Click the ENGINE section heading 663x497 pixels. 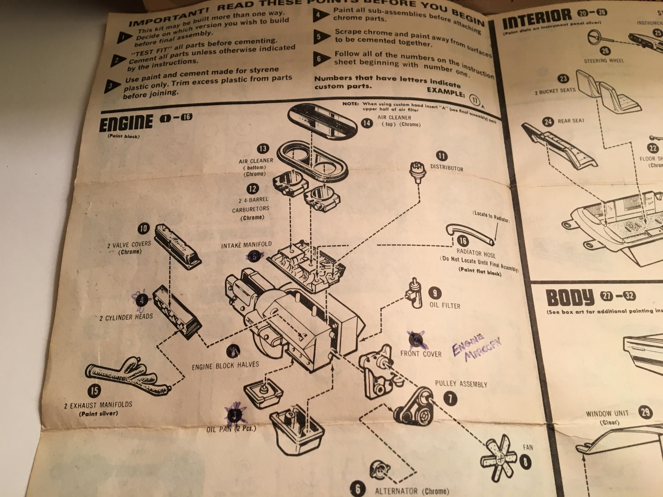tap(126, 123)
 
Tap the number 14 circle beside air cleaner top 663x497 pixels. tap(367, 123)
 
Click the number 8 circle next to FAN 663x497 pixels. tap(526, 462)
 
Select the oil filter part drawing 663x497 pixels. tap(414, 293)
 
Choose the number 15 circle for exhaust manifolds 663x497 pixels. tap(94, 391)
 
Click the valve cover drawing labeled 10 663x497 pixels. tap(177, 246)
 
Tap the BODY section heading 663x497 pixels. tap(569, 298)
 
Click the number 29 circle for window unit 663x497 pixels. tap(645, 412)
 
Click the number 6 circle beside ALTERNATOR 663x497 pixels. tap(357, 488)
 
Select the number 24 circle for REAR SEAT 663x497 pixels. tap(548, 121)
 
